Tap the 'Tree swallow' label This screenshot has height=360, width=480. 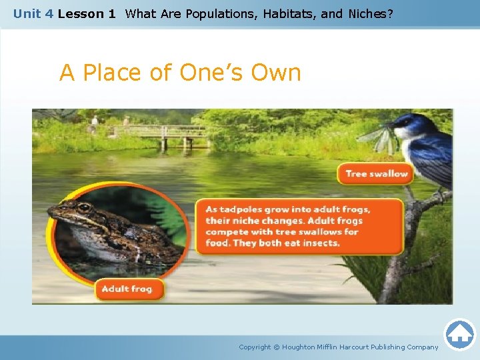click(x=376, y=174)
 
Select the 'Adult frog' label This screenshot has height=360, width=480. click(x=127, y=289)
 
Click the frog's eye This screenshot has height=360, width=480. click(x=84, y=207)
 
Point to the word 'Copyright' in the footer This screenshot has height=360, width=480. click(x=255, y=347)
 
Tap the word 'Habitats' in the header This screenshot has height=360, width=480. click(x=282, y=13)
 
